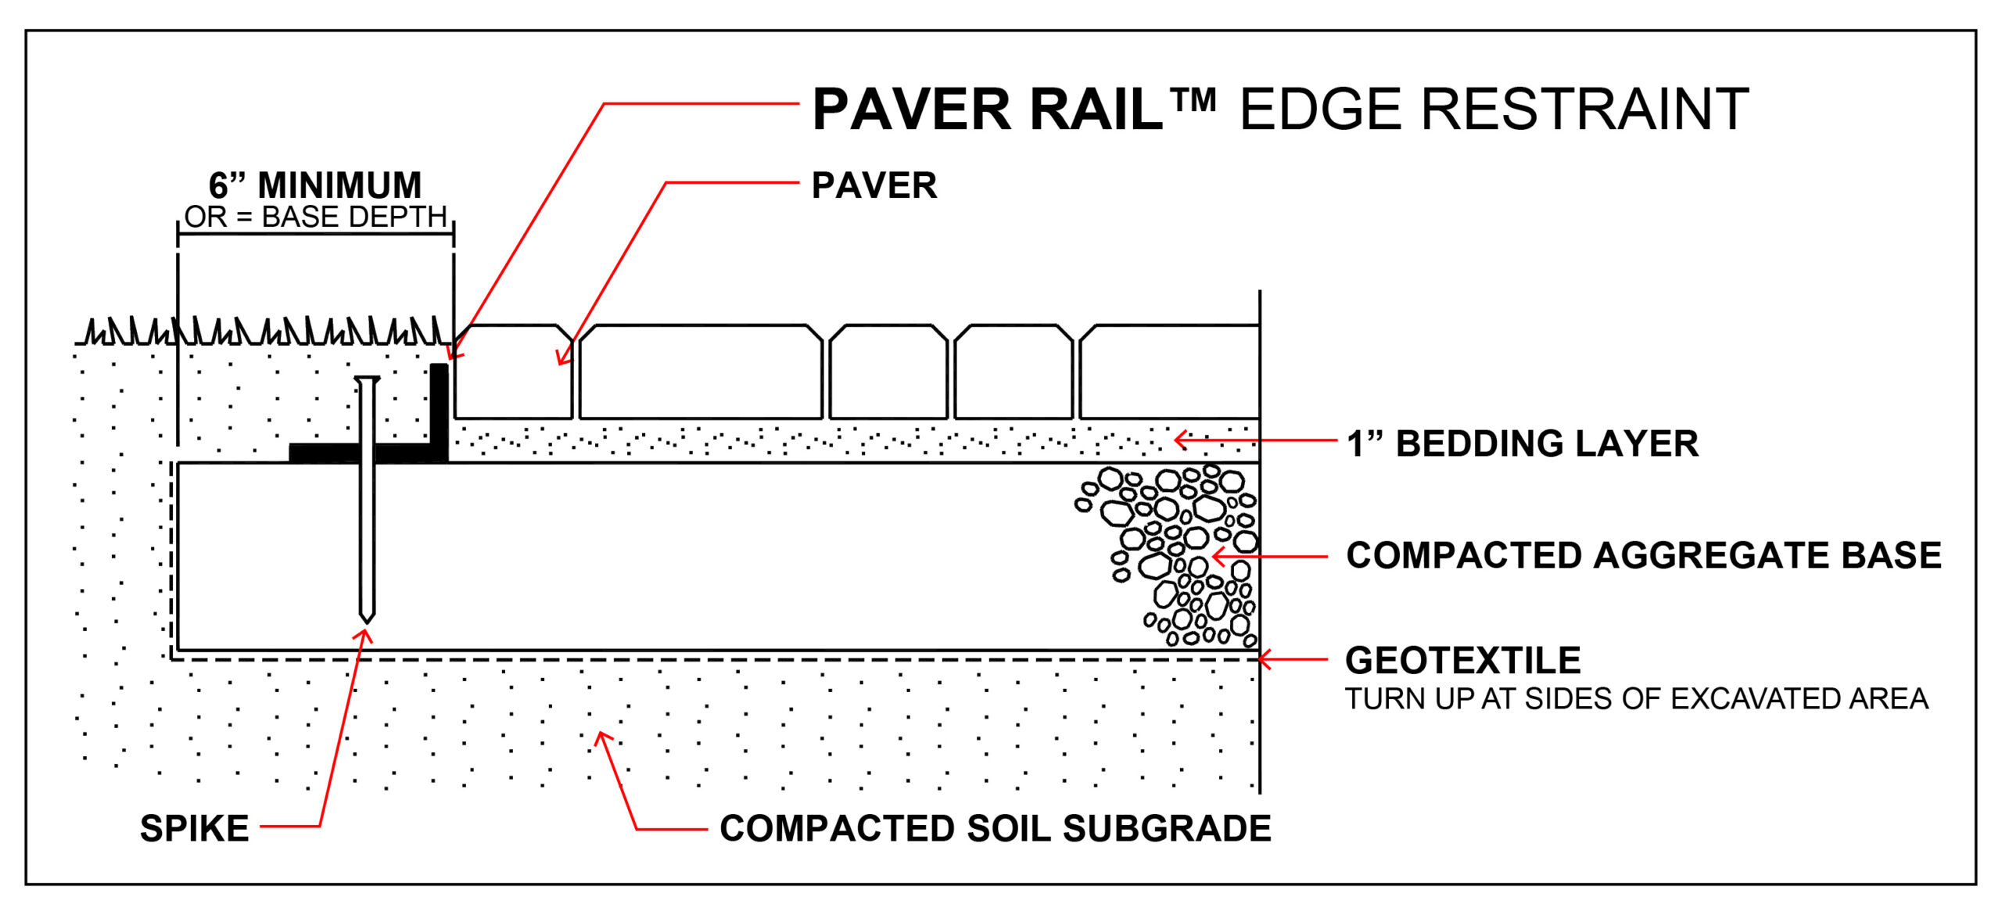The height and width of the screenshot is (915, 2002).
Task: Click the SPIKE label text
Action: pyautogui.click(x=194, y=828)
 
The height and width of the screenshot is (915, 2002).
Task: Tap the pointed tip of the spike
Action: pyautogui.click(x=366, y=619)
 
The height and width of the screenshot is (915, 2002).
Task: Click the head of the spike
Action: pyautogui.click(x=366, y=380)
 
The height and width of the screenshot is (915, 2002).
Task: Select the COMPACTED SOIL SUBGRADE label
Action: pyautogui.click(x=995, y=828)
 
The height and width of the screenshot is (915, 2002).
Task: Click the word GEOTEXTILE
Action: pyautogui.click(x=1462, y=660)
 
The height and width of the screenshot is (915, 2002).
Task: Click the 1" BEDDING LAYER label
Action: pyautogui.click(x=1522, y=443)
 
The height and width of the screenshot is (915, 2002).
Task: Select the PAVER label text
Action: pyautogui.click(x=874, y=185)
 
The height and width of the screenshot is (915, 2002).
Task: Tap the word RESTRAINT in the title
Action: pyautogui.click(x=1584, y=109)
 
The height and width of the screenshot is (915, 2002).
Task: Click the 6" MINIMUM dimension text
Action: pyautogui.click(x=315, y=185)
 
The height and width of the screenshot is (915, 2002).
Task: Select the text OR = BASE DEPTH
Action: pyautogui.click(x=315, y=217)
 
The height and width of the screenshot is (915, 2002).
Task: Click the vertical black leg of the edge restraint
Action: pyautogui.click(x=440, y=407)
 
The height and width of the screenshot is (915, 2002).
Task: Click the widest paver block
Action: pyautogui.click(x=701, y=371)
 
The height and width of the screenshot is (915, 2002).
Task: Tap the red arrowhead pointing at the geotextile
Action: pyautogui.click(x=1263, y=659)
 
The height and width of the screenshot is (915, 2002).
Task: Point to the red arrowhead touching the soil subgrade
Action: pyautogui.click(x=601, y=736)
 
